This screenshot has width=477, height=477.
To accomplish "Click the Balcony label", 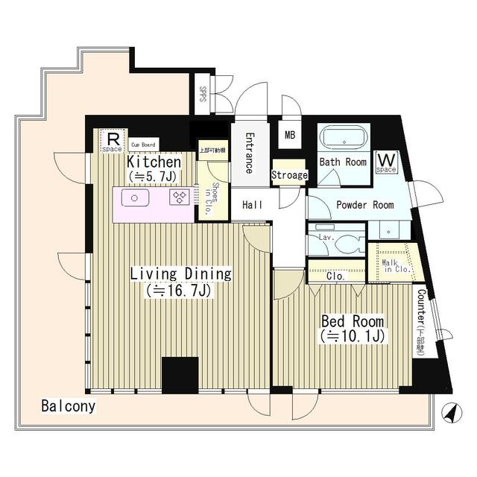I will pyautogui.click(x=68, y=407).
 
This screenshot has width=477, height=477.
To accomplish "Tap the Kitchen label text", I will pyautogui.click(x=154, y=162).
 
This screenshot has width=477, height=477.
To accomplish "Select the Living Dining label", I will pyautogui.click(x=181, y=274).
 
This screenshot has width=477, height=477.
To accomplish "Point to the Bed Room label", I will pyautogui.click(x=352, y=321).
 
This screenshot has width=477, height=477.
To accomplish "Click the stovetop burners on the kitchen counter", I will pyautogui.click(x=178, y=198).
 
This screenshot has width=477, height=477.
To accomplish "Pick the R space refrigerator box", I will pyautogui.click(x=111, y=140).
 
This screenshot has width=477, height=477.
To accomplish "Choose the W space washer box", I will pyautogui.click(x=386, y=162).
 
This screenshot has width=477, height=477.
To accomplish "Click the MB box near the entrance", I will pyautogui.click(x=290, y=136).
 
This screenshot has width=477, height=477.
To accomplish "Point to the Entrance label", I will pyautogui.click(x=250, y=153).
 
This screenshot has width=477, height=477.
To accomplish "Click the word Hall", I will pyautogui.click(x=252, y=205).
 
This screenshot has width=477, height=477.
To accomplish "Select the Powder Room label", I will pyautogui.click(x=364, y=205).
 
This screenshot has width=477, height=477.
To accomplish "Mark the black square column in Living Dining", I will pyautogui.click(x=180, y=374).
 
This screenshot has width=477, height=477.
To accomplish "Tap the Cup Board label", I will pyautogui.click(x=143, y=145).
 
